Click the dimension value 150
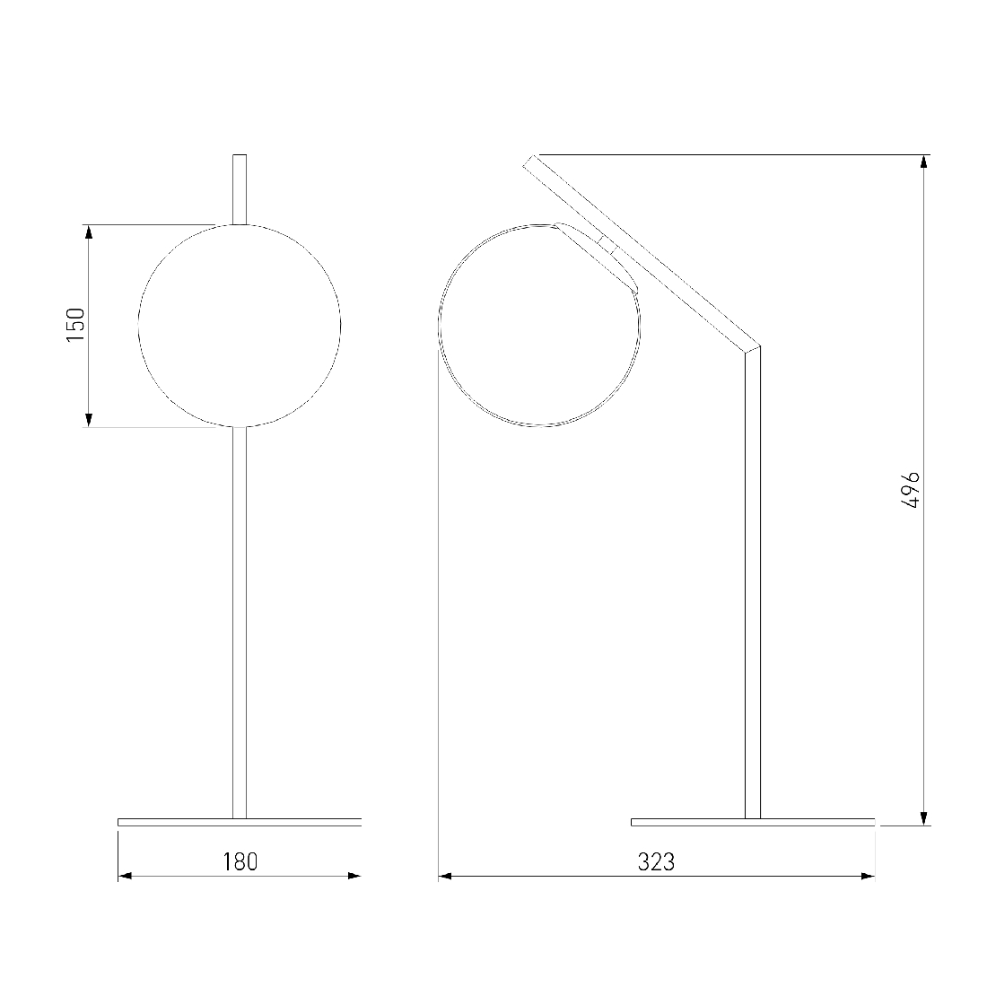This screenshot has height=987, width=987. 75,325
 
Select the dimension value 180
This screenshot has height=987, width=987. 240,861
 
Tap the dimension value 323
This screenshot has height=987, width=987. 656,861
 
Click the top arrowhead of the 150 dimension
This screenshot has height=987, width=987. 89,231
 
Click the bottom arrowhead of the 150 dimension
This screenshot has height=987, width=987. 89,420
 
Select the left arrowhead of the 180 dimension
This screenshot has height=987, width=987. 125,876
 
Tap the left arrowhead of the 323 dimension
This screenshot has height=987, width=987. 445,876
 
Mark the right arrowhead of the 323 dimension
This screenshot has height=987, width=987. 868,876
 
